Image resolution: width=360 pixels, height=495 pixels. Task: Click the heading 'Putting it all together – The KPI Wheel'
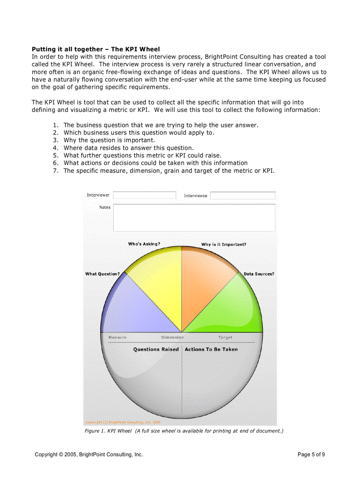[96, 49]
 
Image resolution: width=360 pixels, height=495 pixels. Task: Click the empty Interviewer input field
[144, 195]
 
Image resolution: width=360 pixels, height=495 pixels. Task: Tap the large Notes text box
[194, 218]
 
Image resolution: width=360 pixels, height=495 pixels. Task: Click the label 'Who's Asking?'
[144, 244]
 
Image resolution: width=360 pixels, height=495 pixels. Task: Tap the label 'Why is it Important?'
[224, 244]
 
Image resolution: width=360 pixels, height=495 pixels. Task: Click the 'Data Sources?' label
[259, 274]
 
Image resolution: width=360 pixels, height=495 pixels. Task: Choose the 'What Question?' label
[102, 274]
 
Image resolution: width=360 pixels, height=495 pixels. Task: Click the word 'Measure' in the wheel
[117, 337]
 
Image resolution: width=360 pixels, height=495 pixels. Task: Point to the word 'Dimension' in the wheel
[172, 337]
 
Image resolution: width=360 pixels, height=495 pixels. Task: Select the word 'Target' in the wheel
[225, 337]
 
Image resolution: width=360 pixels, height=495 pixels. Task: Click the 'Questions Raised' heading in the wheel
[156, 349]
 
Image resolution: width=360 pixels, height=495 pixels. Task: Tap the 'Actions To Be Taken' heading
[211, 349]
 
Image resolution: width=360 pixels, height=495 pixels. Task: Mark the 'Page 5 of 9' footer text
[311, 454]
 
